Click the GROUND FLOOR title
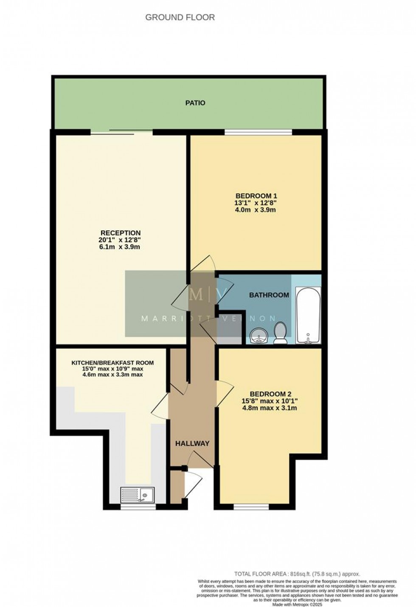[x=180, y=17]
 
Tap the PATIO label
[x=195, y=103]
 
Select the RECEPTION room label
[x=120, y=233]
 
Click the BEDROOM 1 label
[x=256, y=196]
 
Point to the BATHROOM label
[x=269, y=295]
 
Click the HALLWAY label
[x=192, y=443]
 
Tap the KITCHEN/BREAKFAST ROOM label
[x=112, y=363]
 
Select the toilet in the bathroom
[x=280, y=333]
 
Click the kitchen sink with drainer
[x=138, y=495]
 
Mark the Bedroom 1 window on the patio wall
[x=258, y=133]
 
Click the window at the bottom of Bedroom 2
[x=251, y=506]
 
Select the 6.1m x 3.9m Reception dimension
[x=120, y=247]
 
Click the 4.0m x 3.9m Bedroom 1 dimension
[x=256, y=210]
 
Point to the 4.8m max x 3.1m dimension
[x=269, y=408]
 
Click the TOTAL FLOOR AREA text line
[x=297, y=574]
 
